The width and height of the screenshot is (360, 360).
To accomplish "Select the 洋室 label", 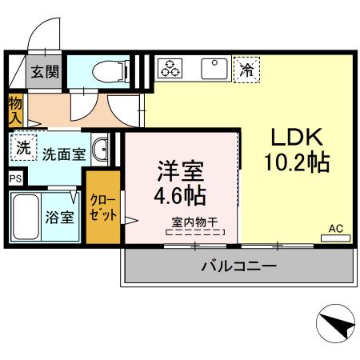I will point(179,171).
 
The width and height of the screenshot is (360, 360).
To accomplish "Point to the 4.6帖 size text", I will point(179,195).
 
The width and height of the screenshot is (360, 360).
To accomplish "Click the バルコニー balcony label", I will point(238,266).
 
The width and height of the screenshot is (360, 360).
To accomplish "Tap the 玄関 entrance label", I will point(45,72).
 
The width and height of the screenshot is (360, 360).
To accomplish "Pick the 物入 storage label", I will point(15,110).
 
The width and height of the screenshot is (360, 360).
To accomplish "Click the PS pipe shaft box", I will point(16,179).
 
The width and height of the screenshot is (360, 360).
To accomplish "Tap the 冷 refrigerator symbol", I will point(247,70).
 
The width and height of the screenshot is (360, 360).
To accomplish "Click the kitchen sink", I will point(214,69).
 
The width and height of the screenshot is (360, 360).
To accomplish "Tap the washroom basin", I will point(100,150).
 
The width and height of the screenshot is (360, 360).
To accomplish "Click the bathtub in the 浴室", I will point(29,216).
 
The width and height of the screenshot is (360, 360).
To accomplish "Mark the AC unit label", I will point(336,229).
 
